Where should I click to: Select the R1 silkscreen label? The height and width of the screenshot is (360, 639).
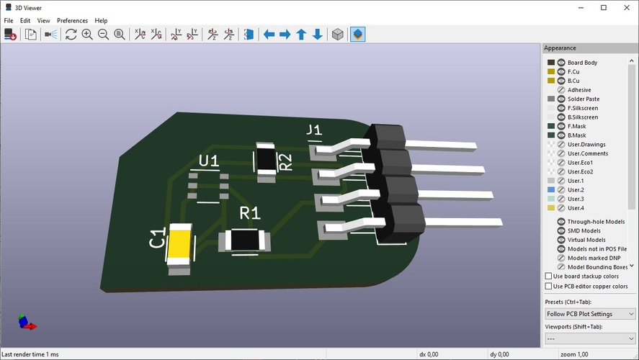[250, 213]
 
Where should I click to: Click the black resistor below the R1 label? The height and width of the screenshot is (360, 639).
[245, 240]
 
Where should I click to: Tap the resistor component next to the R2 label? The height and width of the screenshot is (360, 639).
[267, 158]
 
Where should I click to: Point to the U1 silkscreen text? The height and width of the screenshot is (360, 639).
[208, 161]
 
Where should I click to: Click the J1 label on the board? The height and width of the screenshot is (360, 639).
[314, 130]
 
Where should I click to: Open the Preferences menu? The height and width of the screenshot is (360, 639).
[72, 21]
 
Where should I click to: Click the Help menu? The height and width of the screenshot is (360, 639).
[101, 21]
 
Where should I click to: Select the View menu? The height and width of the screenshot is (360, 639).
[44, 21]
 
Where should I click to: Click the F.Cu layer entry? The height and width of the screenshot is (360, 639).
[573, 72]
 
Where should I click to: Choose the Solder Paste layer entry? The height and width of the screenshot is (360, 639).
[583, 99]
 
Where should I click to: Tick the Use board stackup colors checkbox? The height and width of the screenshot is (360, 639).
[549, 276]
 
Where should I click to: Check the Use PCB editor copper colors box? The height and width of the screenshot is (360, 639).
[549, 286]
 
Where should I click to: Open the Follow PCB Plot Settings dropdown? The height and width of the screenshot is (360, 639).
[590, 314]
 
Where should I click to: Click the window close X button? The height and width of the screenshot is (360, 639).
[625, 7]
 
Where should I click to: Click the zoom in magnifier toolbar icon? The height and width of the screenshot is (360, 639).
[87, 35]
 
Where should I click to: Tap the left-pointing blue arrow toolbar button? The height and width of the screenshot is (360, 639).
[269, 35]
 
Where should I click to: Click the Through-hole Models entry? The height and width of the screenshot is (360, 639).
[595, 222]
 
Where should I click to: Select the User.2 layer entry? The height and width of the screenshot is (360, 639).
[575, 190]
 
